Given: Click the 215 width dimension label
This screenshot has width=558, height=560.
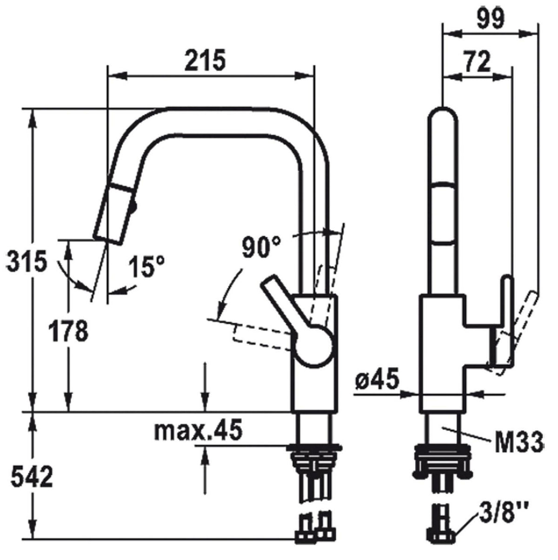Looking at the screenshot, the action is point(205,60).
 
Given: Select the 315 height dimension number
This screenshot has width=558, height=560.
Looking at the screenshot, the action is point(27,261).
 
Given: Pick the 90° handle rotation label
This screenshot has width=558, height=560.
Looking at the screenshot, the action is point(261,247).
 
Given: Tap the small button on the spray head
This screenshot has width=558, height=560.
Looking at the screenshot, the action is point(134,207).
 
